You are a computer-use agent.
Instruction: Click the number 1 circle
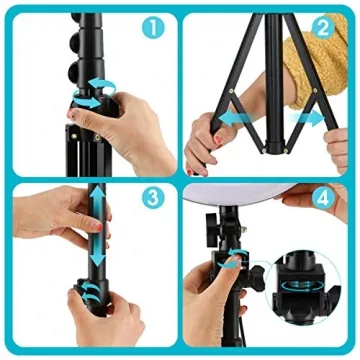pyautogui.click(x=153, y=29)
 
